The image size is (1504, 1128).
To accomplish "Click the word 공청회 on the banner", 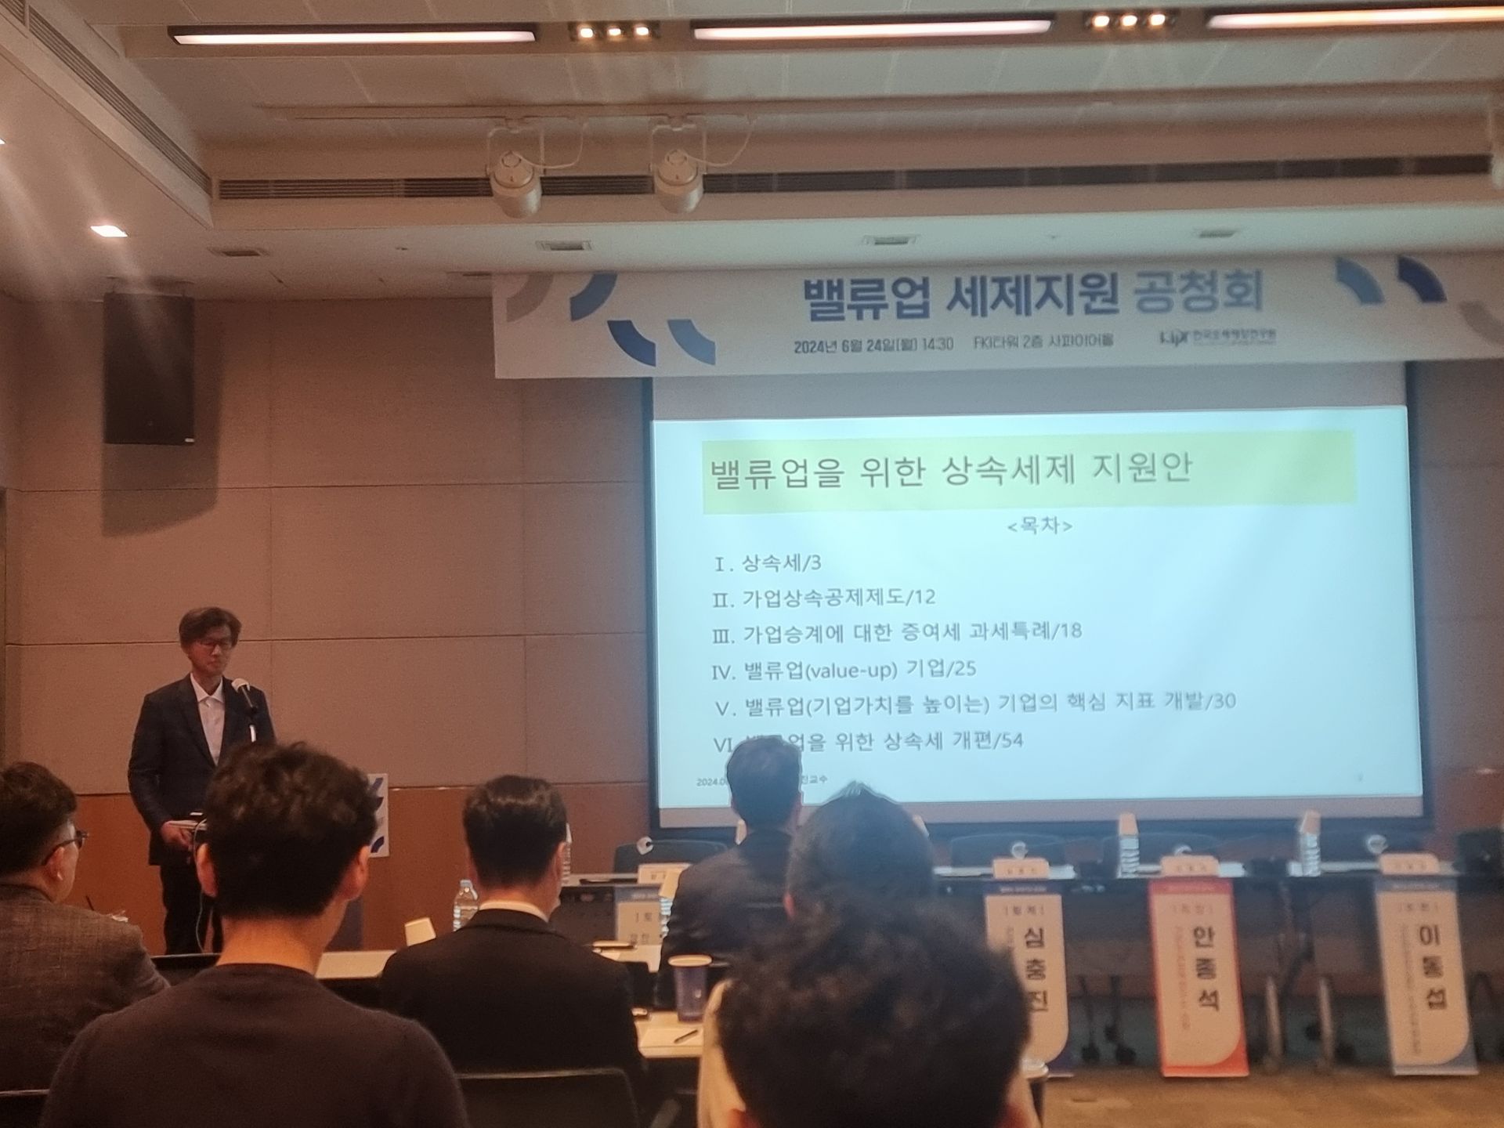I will click(x=1198, y=291).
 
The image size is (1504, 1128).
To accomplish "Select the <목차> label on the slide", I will click(x=1039, y=526).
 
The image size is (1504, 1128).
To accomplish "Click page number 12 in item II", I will click(x=924, y=598).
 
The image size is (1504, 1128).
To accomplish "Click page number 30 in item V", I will click(x=1223, y=701).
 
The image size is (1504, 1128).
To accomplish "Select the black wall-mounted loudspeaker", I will click(x=148, y=369).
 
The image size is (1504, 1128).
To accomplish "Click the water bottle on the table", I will click(x=465, y=906).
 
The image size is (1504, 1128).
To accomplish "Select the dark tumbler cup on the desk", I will click(x=691, y=987).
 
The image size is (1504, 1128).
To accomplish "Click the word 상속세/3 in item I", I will click(x=771, y=563).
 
